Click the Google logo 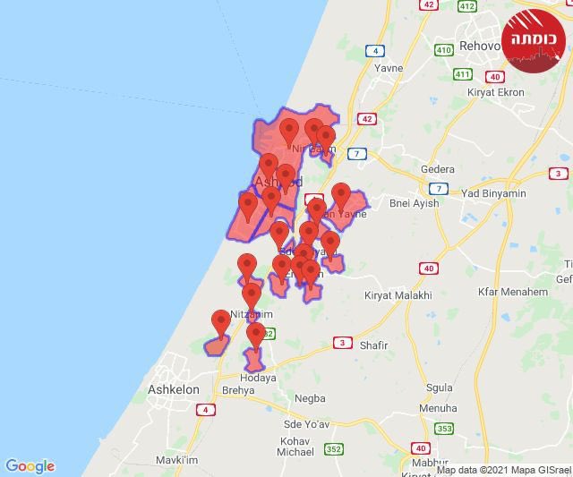30,466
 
